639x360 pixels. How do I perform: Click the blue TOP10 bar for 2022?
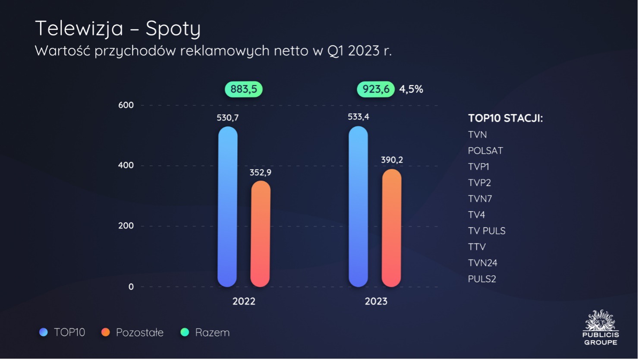227,207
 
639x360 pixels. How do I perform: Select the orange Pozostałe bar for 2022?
260,234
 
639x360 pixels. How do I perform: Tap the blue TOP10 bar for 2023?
358,207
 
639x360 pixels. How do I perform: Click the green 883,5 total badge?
243,89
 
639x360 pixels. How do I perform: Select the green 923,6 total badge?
375,89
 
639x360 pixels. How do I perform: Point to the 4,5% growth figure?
411,89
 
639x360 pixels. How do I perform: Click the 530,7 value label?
227,118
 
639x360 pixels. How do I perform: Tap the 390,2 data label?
392,160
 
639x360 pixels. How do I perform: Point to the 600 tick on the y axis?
126,105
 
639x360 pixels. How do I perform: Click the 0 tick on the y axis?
131,287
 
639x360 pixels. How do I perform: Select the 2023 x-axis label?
376,301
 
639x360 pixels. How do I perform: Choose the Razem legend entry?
212,332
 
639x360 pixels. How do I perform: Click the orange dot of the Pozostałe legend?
105,332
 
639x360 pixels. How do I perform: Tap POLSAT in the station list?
485,151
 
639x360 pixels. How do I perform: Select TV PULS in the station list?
487,231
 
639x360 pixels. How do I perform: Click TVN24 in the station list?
483,263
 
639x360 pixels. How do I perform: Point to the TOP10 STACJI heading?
505,118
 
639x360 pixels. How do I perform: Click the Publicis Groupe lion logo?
600,322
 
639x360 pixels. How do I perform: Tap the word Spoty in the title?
173,29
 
